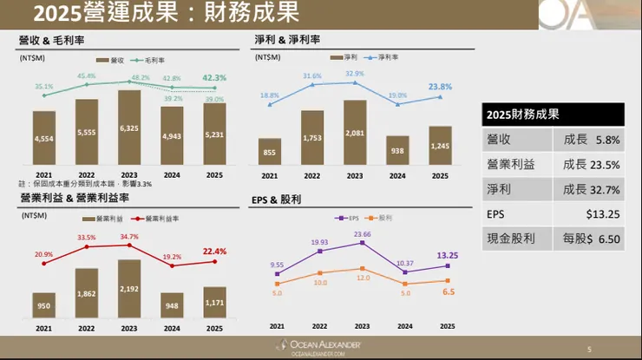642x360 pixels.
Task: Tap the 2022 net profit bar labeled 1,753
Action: (318, 137)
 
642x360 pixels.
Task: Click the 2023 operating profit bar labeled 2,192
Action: (128, 289)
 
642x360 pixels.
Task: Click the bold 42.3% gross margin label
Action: (214, 77)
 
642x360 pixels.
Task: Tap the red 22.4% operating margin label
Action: (214, 252)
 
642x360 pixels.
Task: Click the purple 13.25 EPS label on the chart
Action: (447, 255)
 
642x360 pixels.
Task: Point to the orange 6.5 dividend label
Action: (449, 292)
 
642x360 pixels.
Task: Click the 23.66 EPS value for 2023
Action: (361, 233)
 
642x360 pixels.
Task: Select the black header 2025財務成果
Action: (553, 115)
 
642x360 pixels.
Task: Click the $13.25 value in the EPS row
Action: (602, 213)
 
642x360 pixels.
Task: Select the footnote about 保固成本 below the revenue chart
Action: (85, 184)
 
